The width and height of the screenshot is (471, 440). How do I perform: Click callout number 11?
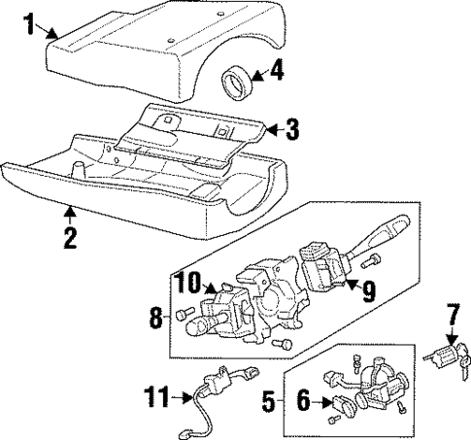pyautogui.click(x=153, y=397)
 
